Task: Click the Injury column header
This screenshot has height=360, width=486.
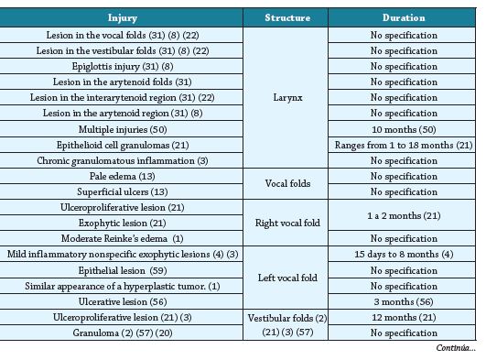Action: click(122, 17)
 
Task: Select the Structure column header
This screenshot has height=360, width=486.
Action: click(286, 17)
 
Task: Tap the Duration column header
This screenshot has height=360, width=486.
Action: click(404, 17)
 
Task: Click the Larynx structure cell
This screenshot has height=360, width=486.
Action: click(286, 96)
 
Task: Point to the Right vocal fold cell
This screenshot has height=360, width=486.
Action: click(286, 223)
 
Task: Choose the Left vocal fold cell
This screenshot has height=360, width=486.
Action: click(286, 277)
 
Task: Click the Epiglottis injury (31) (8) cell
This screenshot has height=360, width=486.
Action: click(122, 67)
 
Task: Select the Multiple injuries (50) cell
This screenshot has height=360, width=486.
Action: click(122, 128)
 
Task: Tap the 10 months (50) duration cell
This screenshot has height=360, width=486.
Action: click(404, 128)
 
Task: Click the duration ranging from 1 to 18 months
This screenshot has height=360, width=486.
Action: click(404, 145)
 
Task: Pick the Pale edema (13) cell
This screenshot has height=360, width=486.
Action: click(122, 176)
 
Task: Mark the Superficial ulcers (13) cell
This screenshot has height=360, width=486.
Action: click(122, 191)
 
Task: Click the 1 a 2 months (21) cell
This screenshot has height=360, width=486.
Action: click(404, 215)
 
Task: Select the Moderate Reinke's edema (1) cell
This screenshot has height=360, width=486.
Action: click(122, 238)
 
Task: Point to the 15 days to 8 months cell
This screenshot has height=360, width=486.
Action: click(404, 254)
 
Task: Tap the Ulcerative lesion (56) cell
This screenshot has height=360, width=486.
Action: click(122, 300)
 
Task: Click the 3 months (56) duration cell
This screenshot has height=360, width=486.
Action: click(404, 300)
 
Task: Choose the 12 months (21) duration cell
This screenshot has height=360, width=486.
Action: click(404, 317)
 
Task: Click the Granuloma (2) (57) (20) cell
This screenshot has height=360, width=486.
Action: click(122, 333)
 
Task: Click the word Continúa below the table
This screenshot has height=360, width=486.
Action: click(455, 349)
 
